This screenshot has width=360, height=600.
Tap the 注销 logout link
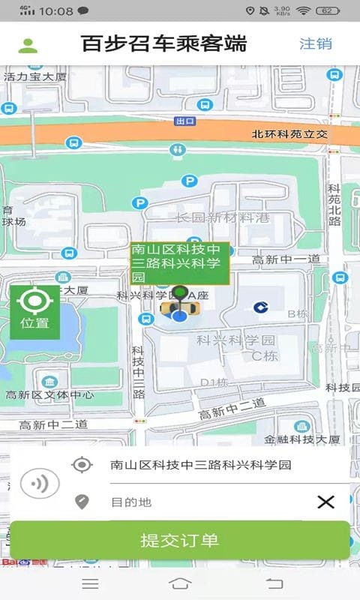(316, 43)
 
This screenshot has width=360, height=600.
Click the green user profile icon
(28, 45)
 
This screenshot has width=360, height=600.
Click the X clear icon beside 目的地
(325, 502)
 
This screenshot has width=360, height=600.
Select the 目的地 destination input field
(202, 502)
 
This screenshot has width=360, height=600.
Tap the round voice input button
(39, 484)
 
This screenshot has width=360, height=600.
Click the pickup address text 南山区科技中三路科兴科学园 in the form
(200, 465)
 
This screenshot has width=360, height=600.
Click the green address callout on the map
(179, 262)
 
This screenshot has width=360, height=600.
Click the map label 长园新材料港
(222, 217)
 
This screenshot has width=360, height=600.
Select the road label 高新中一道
(286, 259)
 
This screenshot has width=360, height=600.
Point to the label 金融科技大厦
(302, 439)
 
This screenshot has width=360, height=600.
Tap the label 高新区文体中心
(49, 394)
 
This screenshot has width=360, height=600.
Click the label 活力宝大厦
(35, 76)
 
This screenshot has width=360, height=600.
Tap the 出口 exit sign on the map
(184, 121)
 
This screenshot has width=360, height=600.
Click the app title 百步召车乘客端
(163, 43)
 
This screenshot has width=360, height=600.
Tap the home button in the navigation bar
(180, 583)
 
